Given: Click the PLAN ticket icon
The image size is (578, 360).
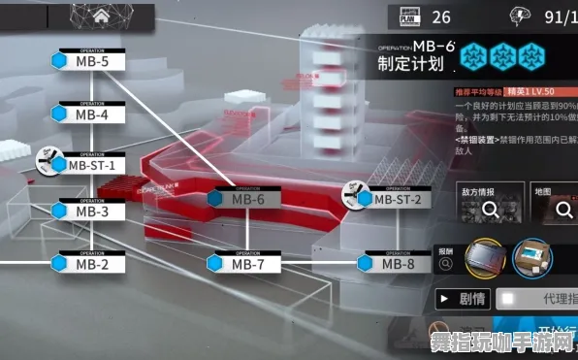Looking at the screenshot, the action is pyautogui.click(x=406, y=17).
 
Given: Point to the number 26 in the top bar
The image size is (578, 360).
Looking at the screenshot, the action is pyautogui.click(x=441, y=17).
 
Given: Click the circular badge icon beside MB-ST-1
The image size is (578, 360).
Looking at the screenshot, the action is pyautogui.click(x=48, y=160).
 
